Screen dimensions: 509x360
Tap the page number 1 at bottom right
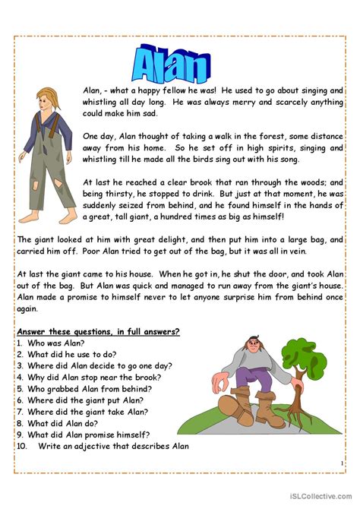click(342, 463)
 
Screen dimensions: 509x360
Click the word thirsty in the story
click(125, 194)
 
